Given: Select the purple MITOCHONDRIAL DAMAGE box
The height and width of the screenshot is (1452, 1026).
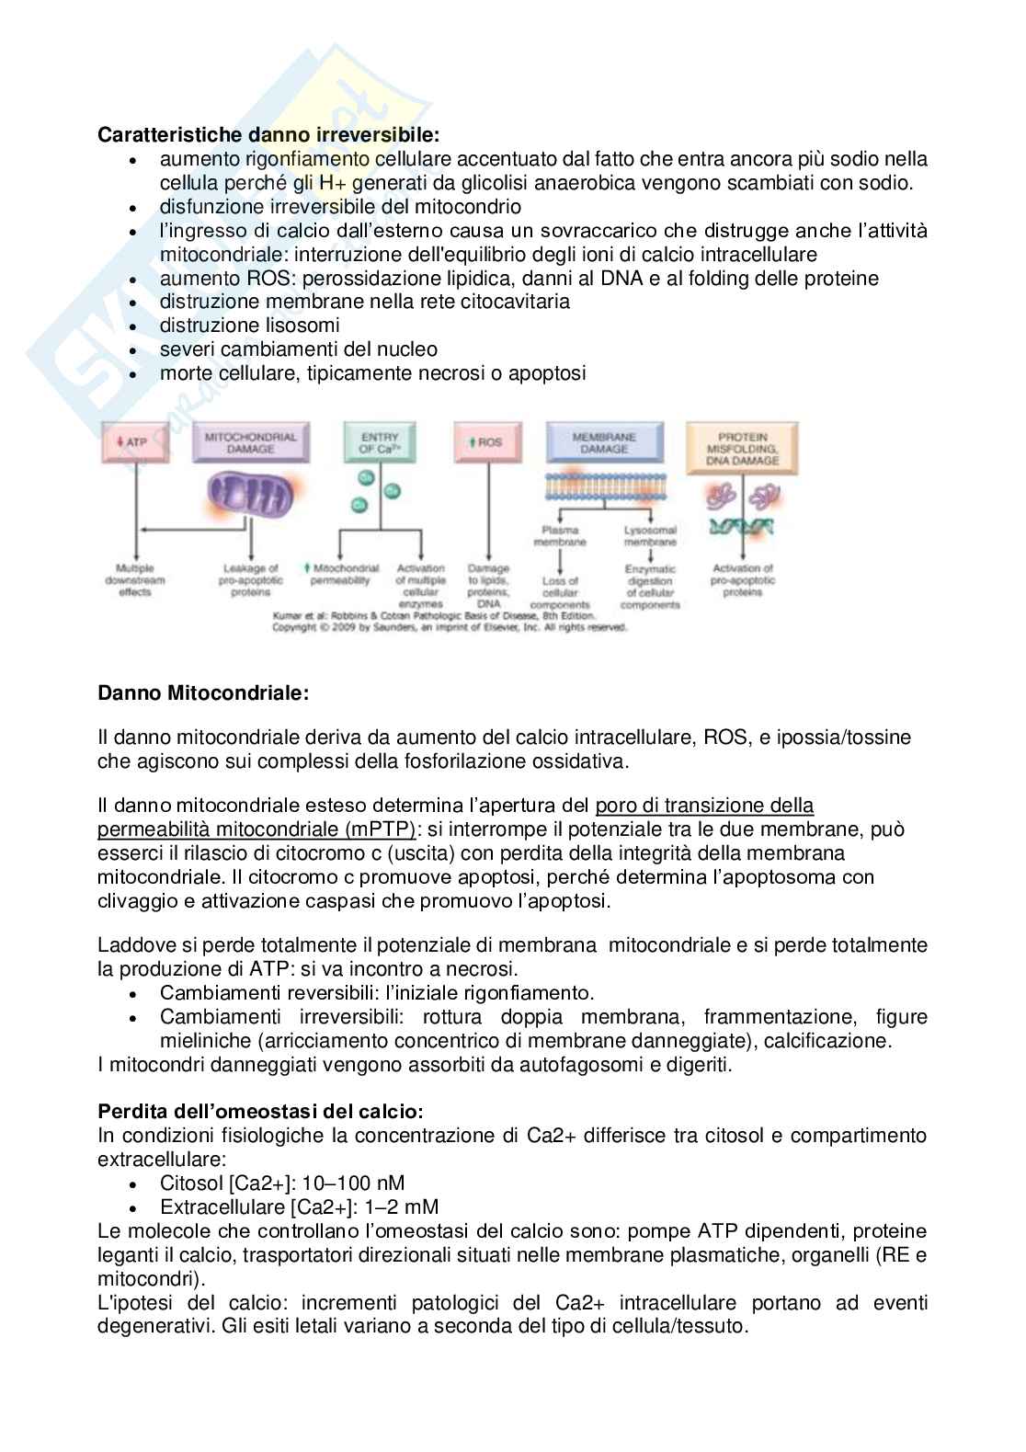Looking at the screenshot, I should (251, 442).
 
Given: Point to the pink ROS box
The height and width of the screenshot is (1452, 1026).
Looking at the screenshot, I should (487, 441).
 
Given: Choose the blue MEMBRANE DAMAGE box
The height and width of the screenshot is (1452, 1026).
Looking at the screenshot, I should (605, 442).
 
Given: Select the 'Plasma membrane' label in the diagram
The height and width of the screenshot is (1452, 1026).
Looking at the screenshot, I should (560, 536).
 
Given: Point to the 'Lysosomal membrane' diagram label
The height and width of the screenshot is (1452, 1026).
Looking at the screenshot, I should (650, 536).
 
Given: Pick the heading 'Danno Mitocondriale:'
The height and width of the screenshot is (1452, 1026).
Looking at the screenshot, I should (203, 693).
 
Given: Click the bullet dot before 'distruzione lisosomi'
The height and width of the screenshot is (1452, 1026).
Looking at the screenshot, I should (135, 326).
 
